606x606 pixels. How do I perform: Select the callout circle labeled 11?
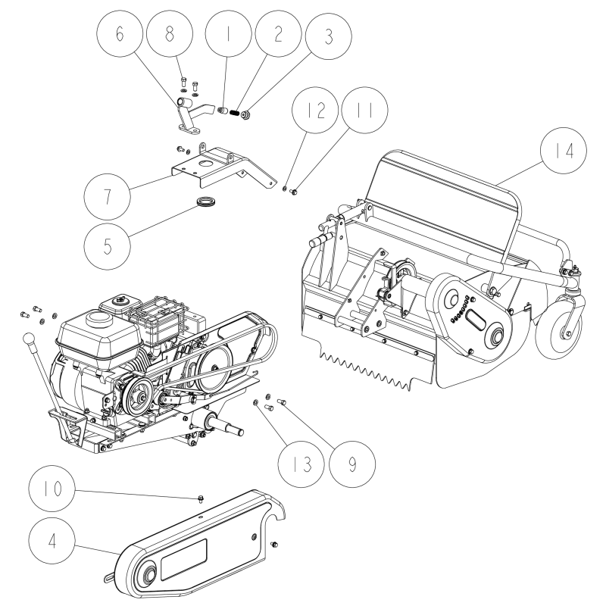365,109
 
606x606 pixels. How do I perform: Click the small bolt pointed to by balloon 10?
196,498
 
